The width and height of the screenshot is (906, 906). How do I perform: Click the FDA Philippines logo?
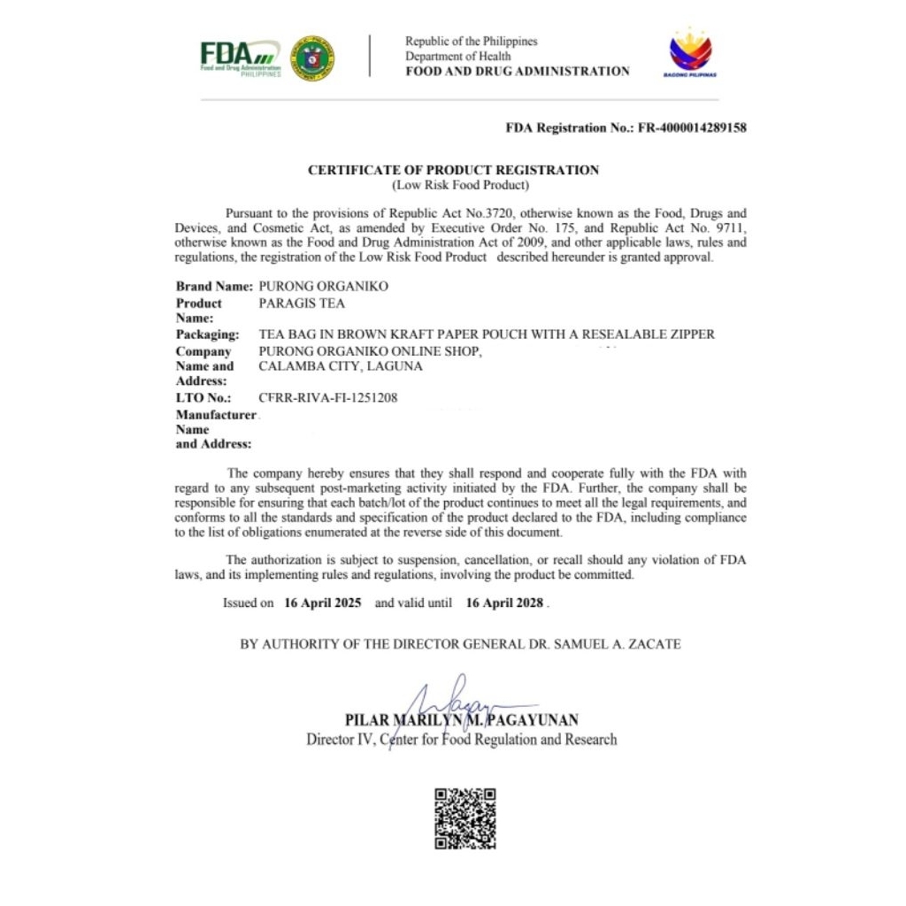(x=240, y=58)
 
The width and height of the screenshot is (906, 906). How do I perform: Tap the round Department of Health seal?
(x=312, y=58)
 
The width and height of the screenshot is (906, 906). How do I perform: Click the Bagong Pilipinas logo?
(x=690, y=53)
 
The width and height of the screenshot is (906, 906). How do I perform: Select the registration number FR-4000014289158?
(x=691, y=127)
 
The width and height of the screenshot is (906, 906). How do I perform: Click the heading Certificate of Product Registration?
(x=453, y=170)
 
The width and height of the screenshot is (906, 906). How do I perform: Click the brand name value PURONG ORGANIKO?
(x=323, y=287)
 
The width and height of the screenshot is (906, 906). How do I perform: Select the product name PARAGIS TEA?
(x=302, y=303)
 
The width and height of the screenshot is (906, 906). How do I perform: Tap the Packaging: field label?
(x=207, y=334)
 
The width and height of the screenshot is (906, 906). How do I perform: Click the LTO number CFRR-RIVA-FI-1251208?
(x=328, y=398)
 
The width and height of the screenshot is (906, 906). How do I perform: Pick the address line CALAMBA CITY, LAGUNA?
(x=341, y=366)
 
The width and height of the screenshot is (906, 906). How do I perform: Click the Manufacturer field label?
(x=215, y=415)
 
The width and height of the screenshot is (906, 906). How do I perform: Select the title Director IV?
(x=338, y=740)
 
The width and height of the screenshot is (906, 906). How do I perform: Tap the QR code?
(x=465, y=818)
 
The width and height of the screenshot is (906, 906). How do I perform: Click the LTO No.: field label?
(x=203, y=398)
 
